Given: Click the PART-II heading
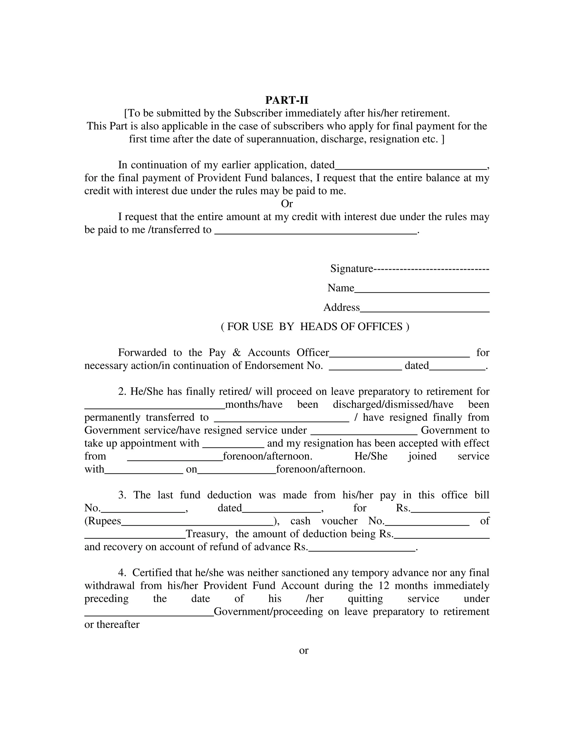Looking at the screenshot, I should coord(287,100).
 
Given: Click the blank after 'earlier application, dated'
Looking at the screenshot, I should coord(411,167).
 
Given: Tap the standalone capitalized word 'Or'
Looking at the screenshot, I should coord(287,204).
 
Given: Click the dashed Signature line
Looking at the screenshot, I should coord(431,269).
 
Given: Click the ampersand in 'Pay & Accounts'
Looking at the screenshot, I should coord(237,353).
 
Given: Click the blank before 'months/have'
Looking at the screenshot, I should coord(154,406).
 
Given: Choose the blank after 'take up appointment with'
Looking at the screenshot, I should coord(233,445).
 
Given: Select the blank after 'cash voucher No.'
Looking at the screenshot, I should coord(427,523).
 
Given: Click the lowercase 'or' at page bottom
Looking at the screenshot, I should coord(303,650).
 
